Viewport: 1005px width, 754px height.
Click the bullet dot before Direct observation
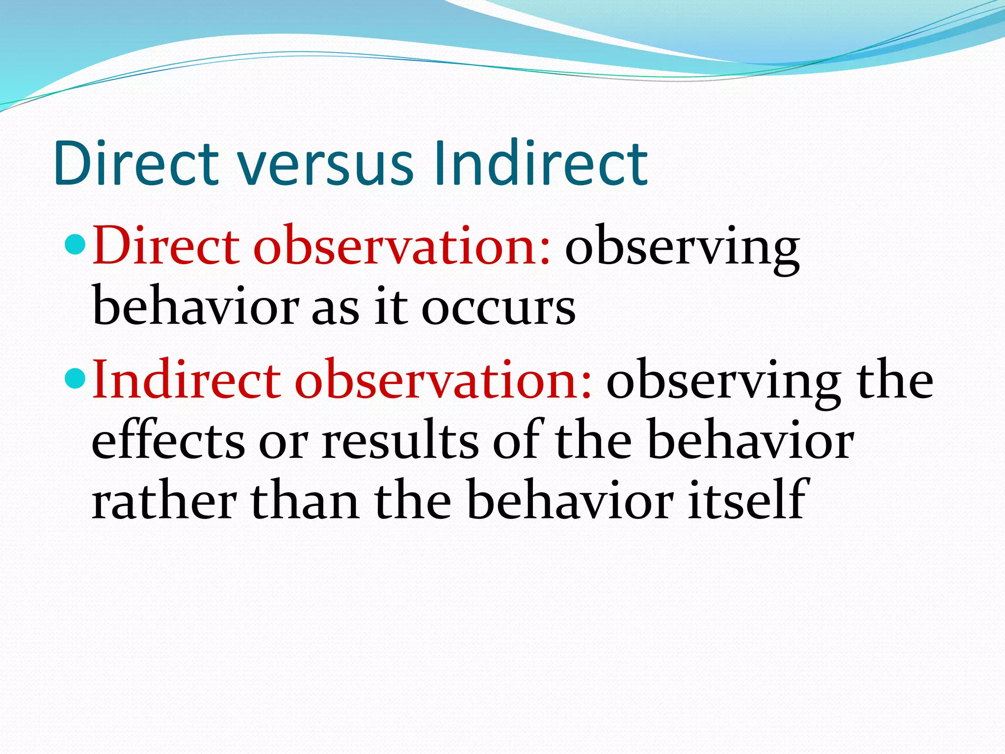click(75, 244)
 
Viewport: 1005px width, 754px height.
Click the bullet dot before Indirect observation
click(75, 378)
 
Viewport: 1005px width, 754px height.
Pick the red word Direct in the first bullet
click(165, 245)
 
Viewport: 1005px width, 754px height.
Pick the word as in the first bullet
click(335, 309)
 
